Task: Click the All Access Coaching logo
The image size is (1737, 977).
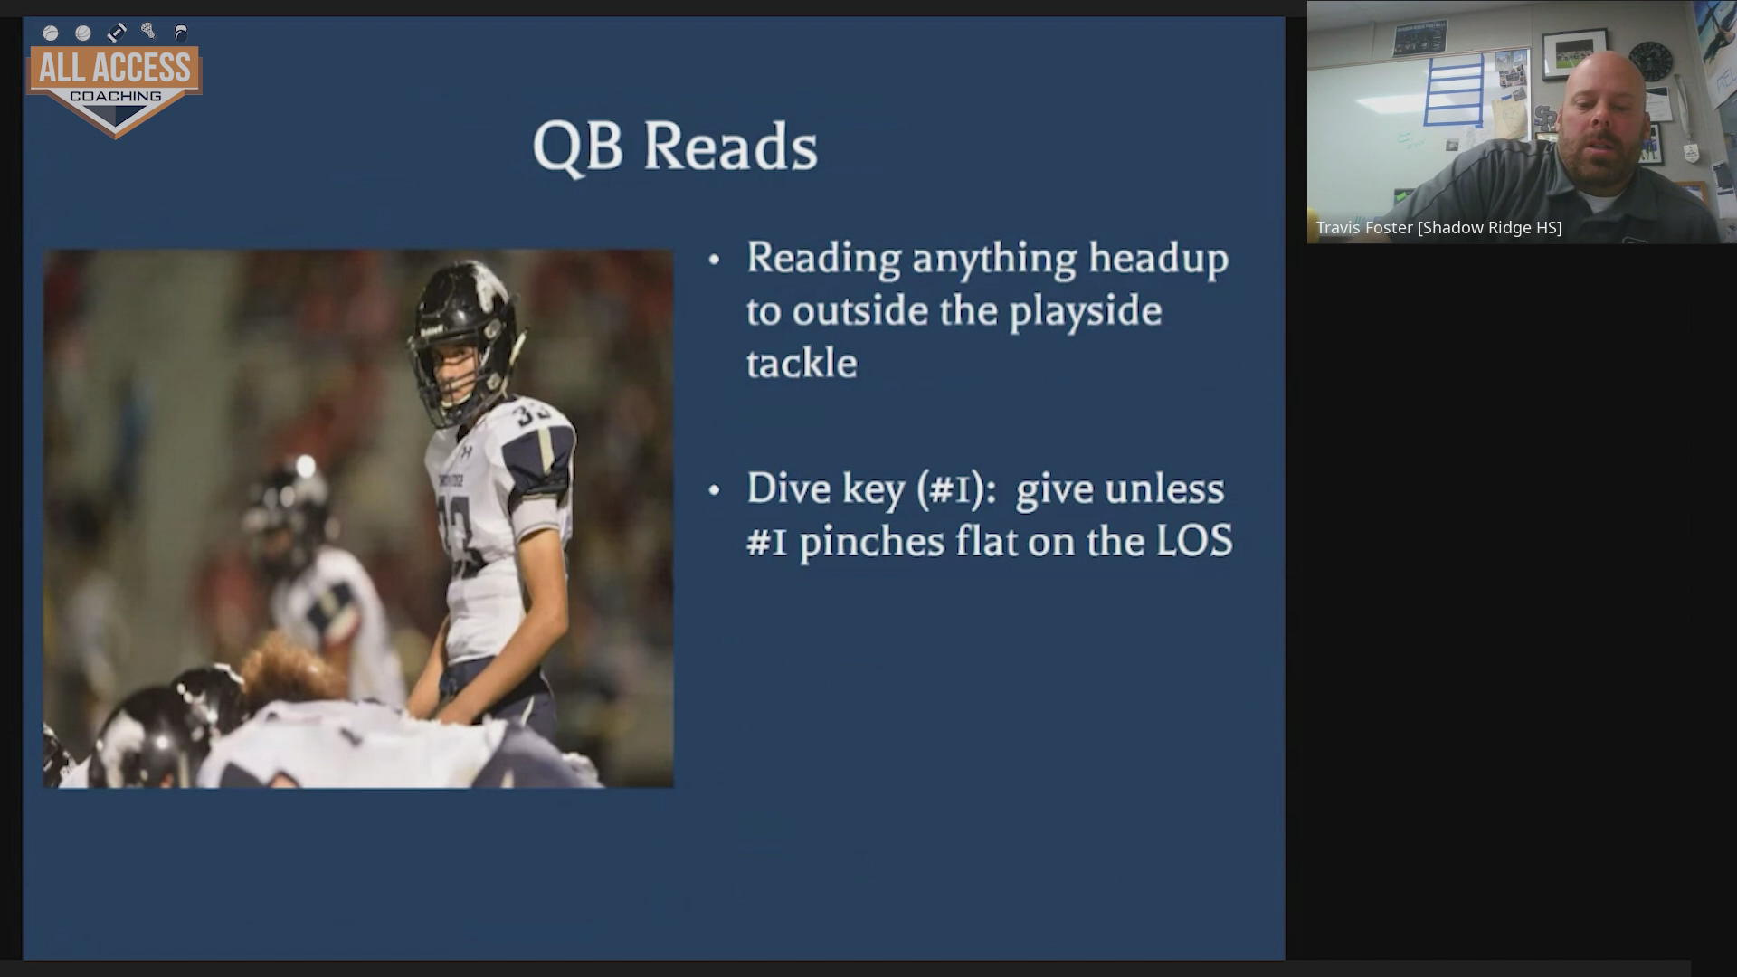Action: pyautogui.click(x=115, y=81)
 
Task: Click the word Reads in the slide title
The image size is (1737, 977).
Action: pyautogui.click(x=730, y=147)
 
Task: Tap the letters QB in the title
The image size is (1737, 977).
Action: pyautogui.click(x=577, y=147)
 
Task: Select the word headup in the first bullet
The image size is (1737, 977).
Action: pyautogui.click(x=1158, y=259)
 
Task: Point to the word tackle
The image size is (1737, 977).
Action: pyautogui.click(x=802, y=363)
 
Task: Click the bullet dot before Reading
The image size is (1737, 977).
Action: pyautogui.click(x=714, y=261)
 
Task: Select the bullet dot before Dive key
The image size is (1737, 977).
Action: pyautogui.click(x=714, y=491)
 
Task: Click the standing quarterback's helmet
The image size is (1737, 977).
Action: pyautogui.click(x=464, y=340)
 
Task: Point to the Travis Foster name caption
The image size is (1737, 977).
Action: pyautogui.click(x=1438, y=228)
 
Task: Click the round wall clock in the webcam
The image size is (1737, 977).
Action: pyautogui.click(x=1651, y=62)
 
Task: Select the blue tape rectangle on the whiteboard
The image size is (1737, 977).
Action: pyautogui.click(x=1454, y=90)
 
